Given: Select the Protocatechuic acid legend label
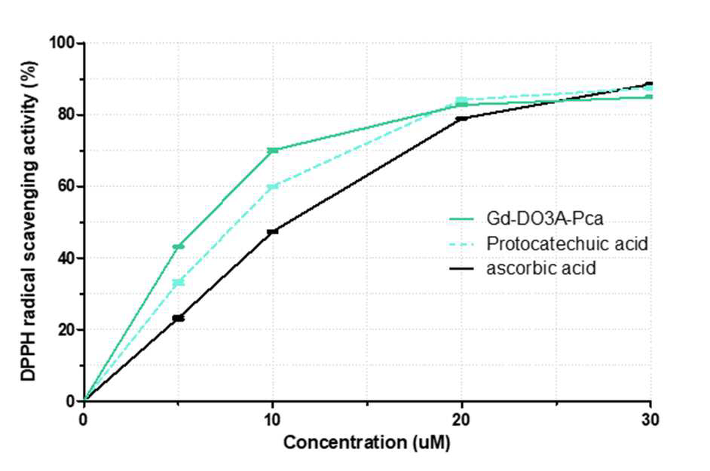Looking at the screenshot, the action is pos(567,243).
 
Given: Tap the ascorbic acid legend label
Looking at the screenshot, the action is pos(541,268).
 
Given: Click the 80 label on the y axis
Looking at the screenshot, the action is pos(66,115).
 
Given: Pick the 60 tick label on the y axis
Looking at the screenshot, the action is pos(66,186).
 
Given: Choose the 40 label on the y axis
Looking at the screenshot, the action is pos(66,258).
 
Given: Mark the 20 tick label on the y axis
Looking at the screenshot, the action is pos(66,329).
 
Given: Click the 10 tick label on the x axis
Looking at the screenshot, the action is pos(272,420).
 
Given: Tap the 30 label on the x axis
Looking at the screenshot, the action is pos(650,420).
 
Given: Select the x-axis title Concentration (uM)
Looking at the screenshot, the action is pos(367,442).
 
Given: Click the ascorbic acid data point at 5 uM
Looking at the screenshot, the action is pos(179,318).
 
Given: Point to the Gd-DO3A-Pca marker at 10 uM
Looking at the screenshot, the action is pos(273,150).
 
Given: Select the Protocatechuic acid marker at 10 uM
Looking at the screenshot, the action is pos(273,187).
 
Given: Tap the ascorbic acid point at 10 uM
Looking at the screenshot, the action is pos(273,232).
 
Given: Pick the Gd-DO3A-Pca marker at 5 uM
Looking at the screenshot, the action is pos(179,246).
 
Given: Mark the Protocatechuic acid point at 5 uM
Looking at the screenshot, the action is pos(179,283).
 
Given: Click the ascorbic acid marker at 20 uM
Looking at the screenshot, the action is pos(461,118).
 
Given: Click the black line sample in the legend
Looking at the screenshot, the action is pos(461,268).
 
